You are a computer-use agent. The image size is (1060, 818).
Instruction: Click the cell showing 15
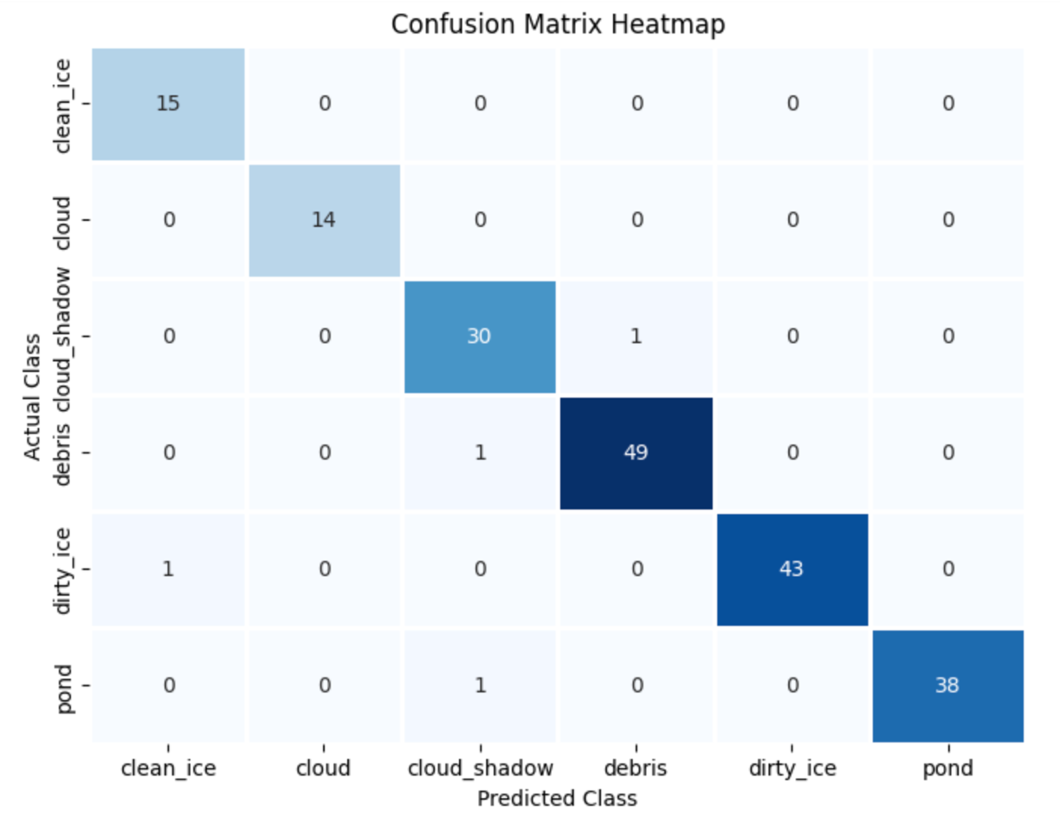(169, 104)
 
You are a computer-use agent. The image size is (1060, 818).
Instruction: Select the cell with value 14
(325, 220)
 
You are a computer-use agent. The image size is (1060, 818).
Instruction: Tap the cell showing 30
(479, 336)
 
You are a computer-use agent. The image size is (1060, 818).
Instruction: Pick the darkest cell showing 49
(636, 452)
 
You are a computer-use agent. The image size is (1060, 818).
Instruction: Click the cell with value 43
(792, 568)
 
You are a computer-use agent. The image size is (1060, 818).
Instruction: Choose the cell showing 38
(947, 685)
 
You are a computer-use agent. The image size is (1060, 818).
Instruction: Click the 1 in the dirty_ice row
(169, 568)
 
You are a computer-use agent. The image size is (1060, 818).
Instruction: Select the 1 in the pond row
(480, 685)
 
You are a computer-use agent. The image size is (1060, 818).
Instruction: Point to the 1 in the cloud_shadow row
(637, 336)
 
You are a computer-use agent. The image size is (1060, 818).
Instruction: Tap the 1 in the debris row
(480, 452)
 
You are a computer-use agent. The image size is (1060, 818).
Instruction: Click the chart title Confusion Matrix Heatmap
(558, 24)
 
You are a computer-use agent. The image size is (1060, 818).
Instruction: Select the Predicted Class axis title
(557, 797)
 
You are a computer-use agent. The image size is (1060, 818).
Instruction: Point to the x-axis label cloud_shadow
(479, 769)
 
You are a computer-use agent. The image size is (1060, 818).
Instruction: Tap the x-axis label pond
(947, 769)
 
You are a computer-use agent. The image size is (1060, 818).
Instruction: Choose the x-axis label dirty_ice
(792, 769)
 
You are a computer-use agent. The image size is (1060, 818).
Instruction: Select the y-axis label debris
(62, 453)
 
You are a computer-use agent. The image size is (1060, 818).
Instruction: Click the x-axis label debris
(637, 769)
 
